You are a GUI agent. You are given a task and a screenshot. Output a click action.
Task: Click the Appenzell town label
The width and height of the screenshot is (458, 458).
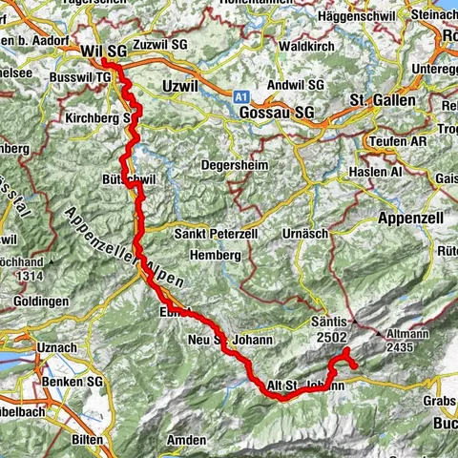point(407,216)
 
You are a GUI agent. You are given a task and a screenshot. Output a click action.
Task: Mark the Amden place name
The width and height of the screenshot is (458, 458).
point(185,440)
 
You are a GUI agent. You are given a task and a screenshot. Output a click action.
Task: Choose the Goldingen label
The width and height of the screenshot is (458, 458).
point(39,301)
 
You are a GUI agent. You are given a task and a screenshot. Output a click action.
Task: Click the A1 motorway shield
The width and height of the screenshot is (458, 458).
point(241,95)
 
